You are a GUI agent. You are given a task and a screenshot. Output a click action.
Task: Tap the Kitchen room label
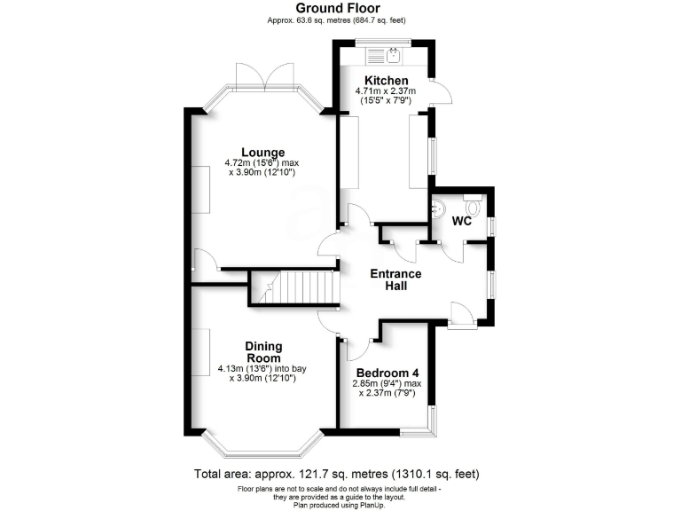point(380,81)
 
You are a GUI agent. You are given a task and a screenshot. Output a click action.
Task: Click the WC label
point(462,221)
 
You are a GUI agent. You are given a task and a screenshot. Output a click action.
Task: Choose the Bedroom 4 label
point(387,373)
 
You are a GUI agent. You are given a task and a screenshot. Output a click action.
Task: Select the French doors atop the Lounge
point(266,75)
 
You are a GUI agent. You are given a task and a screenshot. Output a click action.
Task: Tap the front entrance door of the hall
point(461,315)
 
